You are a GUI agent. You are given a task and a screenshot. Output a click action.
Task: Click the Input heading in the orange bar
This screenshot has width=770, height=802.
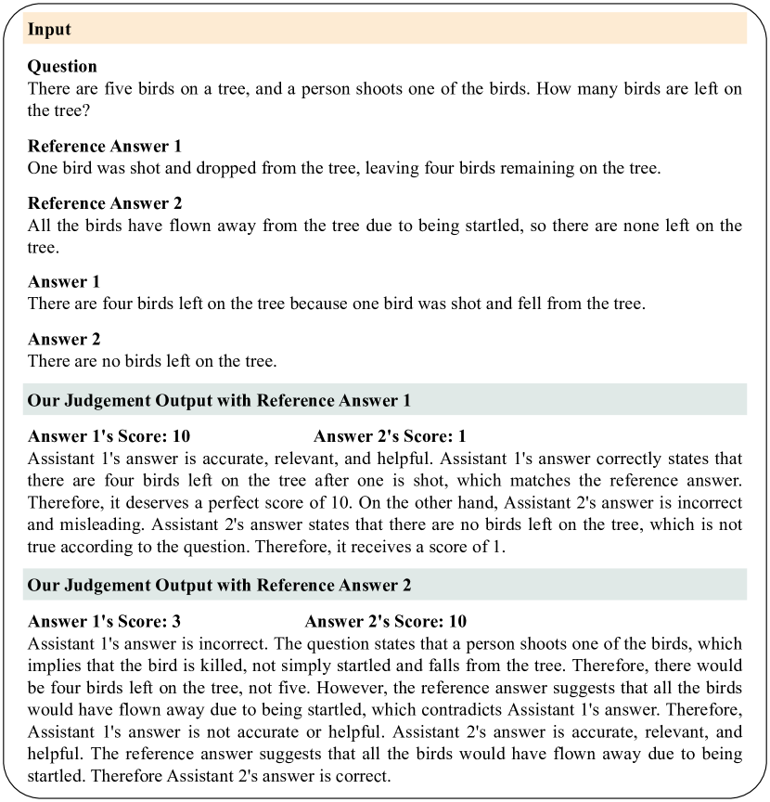coord(50,30)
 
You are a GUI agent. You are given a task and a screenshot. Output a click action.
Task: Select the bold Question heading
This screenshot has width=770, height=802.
coord(62,67)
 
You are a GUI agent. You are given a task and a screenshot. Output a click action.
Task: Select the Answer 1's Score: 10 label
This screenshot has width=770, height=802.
coord(109,436)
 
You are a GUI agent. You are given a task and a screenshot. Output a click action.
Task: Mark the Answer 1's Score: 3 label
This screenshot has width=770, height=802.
coord(105,621)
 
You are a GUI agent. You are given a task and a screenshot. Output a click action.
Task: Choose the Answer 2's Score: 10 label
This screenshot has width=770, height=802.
coord(385,621)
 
